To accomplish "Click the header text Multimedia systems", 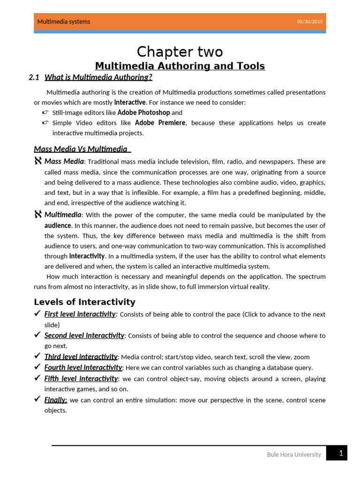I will click(64, 22).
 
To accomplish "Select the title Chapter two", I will click(180, 51).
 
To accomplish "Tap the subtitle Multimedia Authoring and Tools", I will click(180, 66).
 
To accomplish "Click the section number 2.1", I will click(34, 78).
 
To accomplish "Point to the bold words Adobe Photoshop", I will click(143, 112).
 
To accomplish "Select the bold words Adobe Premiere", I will click(160, 123).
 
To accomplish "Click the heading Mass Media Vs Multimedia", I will click(81, 149).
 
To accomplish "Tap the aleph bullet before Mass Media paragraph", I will click(38, 161).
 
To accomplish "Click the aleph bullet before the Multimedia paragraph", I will click(38, 215).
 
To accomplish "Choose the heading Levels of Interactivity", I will click(84, 302).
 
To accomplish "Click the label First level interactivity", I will click(80, 314).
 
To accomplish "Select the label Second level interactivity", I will click(84, 336).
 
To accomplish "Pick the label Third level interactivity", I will click(81, 357).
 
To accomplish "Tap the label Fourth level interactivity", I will click(83, 367).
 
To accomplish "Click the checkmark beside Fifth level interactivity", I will click(37, 378).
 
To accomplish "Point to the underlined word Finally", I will click(56, 400).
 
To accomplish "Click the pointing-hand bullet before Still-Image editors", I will click(45, 112).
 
